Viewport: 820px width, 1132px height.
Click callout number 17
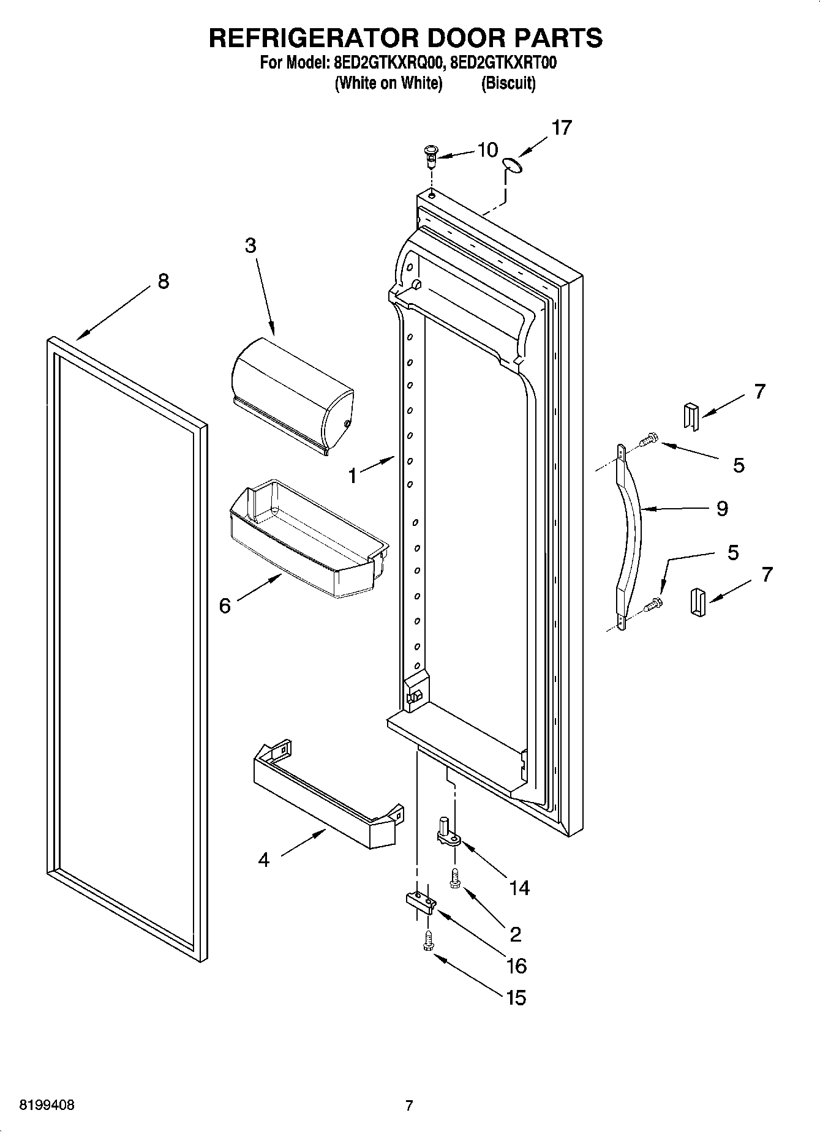[561, 128]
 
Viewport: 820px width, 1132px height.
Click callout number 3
[250, 246]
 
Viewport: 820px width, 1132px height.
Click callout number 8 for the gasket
[163, 281]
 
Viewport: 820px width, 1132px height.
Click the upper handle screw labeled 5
[649, 439]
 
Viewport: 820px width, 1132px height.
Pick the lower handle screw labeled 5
[653, 604]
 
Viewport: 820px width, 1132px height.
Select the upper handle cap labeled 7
[690, 416]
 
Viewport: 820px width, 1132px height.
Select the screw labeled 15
[428, 941]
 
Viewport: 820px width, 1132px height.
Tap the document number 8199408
[47, 1104]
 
